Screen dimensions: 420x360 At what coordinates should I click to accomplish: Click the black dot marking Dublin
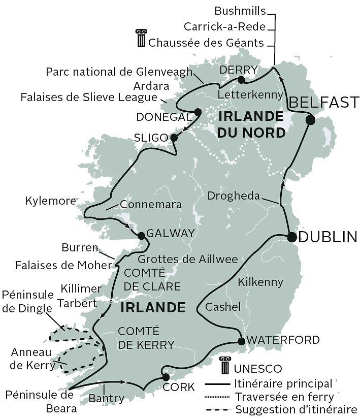292,237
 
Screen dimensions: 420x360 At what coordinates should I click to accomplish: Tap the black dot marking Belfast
310,120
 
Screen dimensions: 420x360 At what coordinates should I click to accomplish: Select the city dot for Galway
141,235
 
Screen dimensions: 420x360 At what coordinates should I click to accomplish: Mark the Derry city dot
241,80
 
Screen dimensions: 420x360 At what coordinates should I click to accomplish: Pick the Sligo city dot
174,138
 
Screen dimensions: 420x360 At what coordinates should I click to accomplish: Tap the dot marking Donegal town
198,112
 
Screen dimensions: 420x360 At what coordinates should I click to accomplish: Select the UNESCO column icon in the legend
224,366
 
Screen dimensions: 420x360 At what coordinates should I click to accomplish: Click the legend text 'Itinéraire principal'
284,383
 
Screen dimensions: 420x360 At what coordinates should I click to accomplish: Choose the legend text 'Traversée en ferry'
285,397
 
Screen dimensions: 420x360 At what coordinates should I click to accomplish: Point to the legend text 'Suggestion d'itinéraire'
296,410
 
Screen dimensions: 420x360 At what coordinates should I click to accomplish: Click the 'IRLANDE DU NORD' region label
251,124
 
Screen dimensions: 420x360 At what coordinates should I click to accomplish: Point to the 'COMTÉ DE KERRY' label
146,338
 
